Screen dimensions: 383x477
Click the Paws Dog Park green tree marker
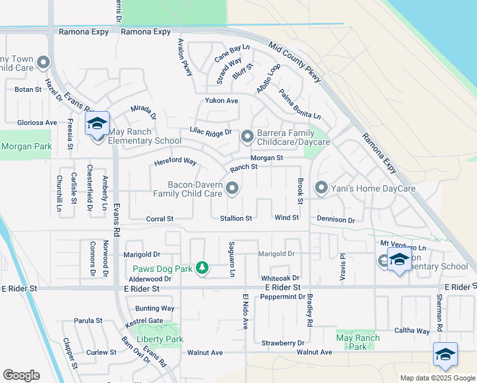202,267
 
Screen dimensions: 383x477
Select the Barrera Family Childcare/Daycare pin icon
247,137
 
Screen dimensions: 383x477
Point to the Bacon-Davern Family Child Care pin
233,188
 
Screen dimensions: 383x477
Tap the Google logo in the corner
21,375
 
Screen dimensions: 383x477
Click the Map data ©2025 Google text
437,378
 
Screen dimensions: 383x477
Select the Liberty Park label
160,339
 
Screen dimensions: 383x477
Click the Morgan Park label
26,147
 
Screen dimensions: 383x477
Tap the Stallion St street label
236,218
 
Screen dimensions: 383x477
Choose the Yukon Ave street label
221,101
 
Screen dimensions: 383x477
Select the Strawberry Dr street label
282,343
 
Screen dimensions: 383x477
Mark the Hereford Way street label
175,163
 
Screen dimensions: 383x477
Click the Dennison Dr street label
335,220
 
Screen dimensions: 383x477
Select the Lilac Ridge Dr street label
210,131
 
